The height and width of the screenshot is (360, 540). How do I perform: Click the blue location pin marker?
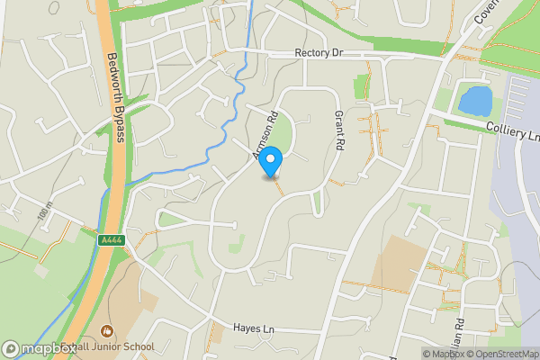coord(270,162)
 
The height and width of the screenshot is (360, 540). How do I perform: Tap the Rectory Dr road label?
coord(319,54)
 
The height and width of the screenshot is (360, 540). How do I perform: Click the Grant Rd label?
coord(340,130)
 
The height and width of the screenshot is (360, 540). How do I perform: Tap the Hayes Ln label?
coord(253,329)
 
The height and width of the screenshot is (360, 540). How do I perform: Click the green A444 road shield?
coord(110,238)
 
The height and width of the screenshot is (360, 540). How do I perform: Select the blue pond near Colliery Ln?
coord(474,100)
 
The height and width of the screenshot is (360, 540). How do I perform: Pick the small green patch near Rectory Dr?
coord(362,87)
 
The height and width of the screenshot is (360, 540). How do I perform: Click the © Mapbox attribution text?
coord(443,354)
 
